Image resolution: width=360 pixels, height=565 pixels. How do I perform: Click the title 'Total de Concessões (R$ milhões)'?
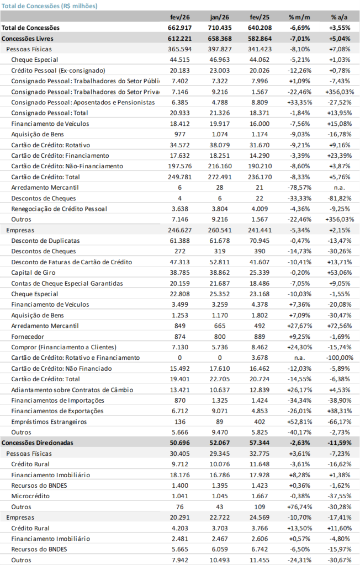49,6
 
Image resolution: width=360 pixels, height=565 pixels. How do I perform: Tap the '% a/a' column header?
339,17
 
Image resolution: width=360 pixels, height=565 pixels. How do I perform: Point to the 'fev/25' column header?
255,17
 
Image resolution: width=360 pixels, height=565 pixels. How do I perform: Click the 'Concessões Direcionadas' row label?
38,443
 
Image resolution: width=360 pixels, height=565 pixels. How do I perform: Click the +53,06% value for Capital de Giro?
340,273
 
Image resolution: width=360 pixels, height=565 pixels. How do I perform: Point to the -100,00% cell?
340,358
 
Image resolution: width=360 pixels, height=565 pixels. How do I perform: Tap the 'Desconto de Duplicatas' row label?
45,241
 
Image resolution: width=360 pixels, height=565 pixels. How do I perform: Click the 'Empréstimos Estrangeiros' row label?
49,422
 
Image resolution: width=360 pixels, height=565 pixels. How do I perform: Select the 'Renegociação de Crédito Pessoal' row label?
59,209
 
